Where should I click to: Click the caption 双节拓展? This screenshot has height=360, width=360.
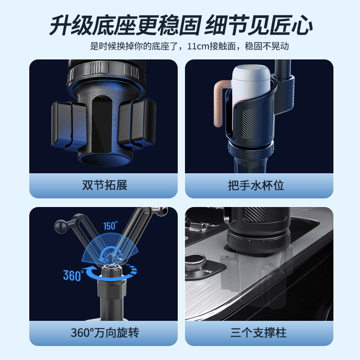[x=103, y=185]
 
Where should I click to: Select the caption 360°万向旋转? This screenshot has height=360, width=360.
[x=105, y=333]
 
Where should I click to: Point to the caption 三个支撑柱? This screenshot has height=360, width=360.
[x=258, y=333]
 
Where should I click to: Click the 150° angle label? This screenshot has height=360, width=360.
[x=110, y=226]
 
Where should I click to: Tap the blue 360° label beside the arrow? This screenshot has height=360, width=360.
[x=73, y=275]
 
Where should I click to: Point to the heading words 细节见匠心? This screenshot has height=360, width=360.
[x=258, y=26]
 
